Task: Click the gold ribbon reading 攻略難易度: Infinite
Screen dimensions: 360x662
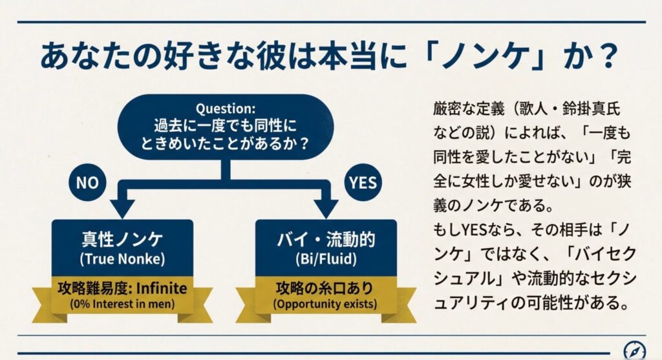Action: (x=122, y=295)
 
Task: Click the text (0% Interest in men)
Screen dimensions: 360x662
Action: (x=122, y=303)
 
